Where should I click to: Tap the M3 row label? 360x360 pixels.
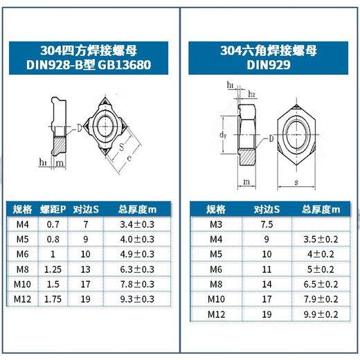tap(217, 224)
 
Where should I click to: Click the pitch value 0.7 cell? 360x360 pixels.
tap(53, 224)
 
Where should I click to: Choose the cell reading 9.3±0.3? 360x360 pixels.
tap(137, 299)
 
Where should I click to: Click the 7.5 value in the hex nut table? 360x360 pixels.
tap(267, 224)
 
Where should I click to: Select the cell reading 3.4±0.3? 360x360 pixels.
tap(137, 224)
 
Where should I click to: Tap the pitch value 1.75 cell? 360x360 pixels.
tap(53, 299)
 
